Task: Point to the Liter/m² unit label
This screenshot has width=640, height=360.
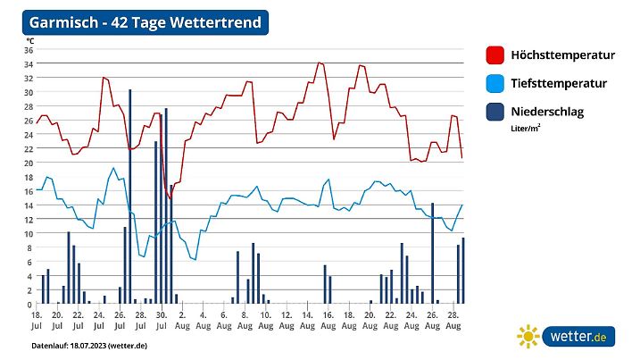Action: pyautogui.click(x=526, y=128)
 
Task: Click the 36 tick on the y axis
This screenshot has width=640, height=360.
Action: pyautogui.click(x=29, y=50)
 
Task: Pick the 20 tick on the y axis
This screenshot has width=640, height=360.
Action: pyautogui.click(x=29, y=163)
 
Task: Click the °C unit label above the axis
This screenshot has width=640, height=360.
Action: pyautogui.click(x=30, y=40)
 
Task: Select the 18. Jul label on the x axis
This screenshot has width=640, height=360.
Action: pyautogui.click(x=37, y=320)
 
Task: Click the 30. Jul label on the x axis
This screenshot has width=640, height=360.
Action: pyautogui.click(x=161, y=320)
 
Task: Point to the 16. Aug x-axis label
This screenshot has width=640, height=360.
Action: pyautogui.click(x=327, y=320)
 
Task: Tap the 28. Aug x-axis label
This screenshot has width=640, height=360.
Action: pyautogui.click(x=452, y=320)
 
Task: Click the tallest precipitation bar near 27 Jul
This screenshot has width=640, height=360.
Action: pyautogui.click(x=130, y=197)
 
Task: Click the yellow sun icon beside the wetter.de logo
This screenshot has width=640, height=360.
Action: pyautogui.click(x=528, y=336)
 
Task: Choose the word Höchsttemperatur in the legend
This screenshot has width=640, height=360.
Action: pyautogui.click(x=562, y=55)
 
